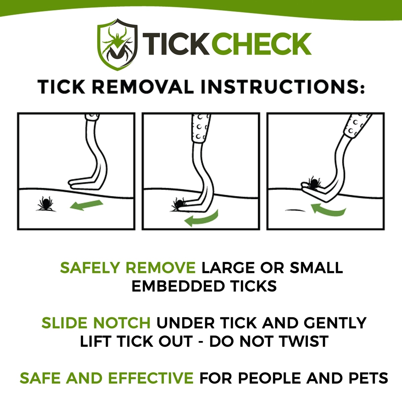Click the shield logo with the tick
coord(117,44)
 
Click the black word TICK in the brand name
coord(176,44)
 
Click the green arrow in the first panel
coord(86,205)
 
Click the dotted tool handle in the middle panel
coord(201,129)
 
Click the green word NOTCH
coord(122,323)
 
